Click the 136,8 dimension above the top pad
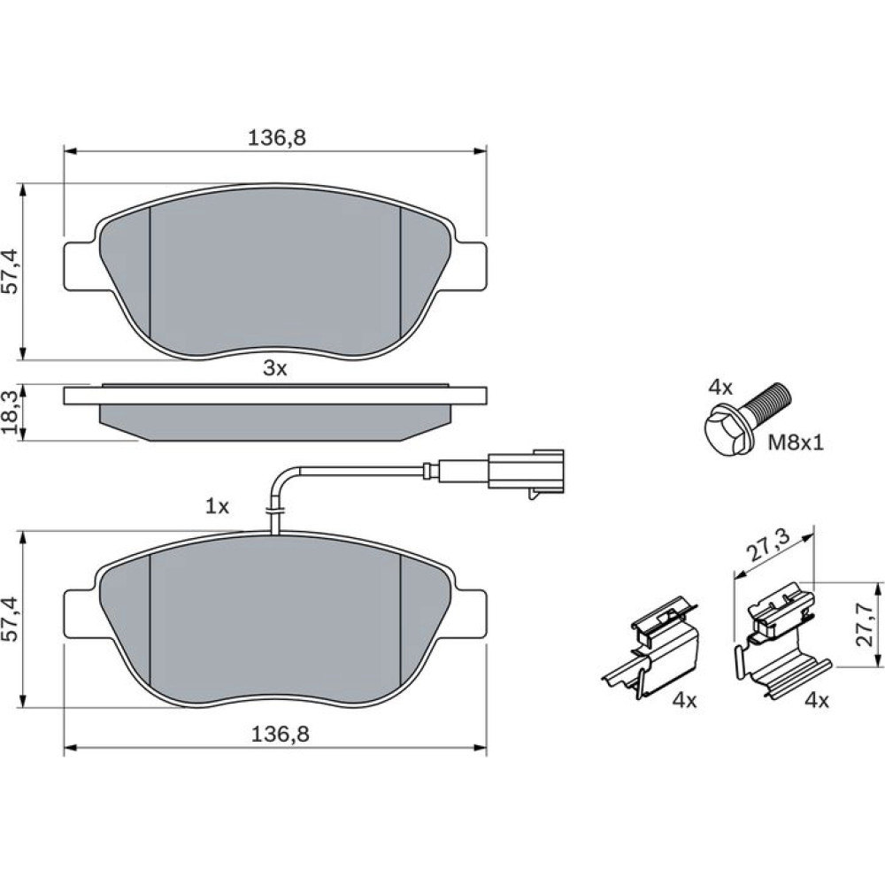click(276, 137)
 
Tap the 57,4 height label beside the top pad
click(12, 272)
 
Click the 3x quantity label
click(275, 368)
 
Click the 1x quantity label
click(218, 507)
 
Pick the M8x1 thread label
click(796, 443)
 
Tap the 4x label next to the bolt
click(720, 388)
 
